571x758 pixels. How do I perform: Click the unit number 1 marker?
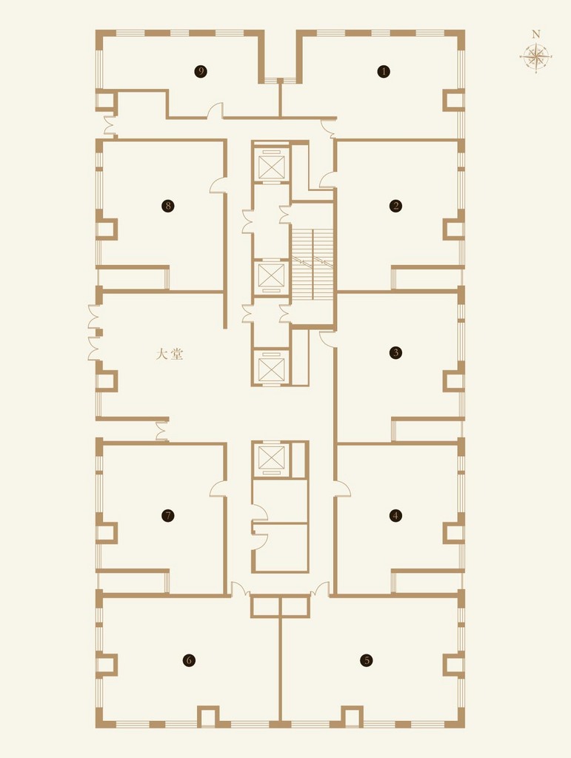[384, 72]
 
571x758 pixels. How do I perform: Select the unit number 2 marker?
[396, 206]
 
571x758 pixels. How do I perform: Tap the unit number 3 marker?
[396, 352]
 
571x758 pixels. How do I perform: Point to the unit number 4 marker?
[396, 515]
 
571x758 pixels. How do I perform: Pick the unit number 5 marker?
[367, 660]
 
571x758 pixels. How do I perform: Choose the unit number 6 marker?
[189, 660]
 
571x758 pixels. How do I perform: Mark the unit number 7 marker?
[168, 515]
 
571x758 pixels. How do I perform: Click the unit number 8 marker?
[168, 206]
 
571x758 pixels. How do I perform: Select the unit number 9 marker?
[201, 72]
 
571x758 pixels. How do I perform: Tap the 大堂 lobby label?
[170, 355]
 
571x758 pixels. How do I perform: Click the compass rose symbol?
[535, 58]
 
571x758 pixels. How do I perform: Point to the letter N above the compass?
[535, 34]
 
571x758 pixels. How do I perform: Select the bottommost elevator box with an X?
[271, 457]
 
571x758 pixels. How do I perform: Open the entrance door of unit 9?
[216, 110]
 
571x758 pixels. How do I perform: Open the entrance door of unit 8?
[218, 185]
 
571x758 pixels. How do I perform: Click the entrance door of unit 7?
[218, 489]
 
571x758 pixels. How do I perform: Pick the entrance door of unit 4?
[342, 489]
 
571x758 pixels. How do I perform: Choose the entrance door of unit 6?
[240, 588]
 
